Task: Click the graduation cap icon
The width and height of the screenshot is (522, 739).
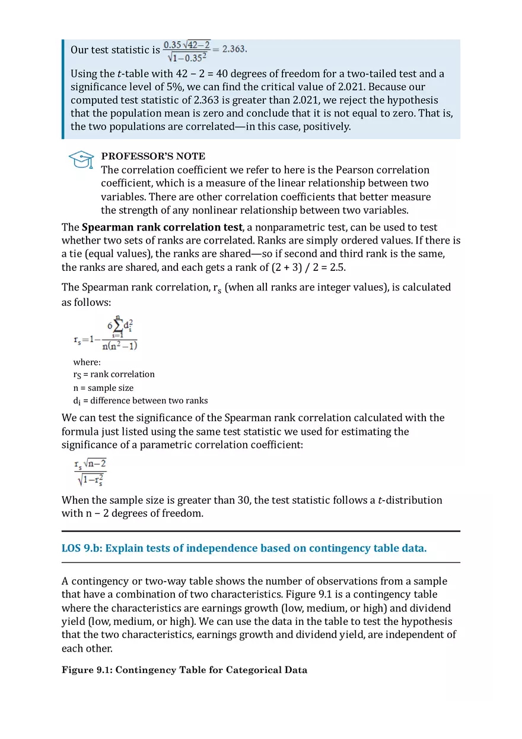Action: (81, 159)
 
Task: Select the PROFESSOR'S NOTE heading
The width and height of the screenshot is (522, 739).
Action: (153, 156)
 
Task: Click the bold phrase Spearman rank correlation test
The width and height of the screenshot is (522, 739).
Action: (162, 227)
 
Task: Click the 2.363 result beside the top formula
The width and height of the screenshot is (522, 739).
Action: (234, 49)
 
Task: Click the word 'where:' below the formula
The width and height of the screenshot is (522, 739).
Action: (87, 362)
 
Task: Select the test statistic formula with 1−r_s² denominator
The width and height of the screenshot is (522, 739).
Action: (90, 472)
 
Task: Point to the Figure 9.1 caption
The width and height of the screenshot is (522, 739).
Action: (184, 670)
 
